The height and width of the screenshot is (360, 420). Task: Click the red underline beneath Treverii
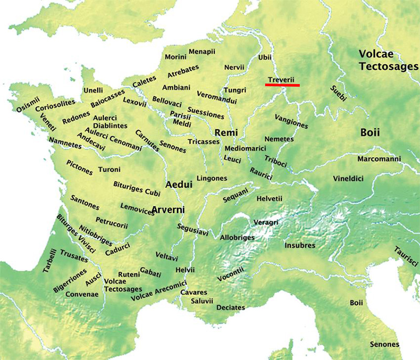(x=282, y=85)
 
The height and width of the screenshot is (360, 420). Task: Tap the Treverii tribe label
(x=281, y=79)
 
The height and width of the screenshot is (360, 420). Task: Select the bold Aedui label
(x=179, y=185)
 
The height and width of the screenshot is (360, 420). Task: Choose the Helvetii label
(x=269, y=198)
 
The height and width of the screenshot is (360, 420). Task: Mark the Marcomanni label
(x=379, y=159)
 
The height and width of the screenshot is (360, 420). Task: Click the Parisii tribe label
(x=180, y=115)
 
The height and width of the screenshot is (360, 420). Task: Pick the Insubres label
(x=300, y=245)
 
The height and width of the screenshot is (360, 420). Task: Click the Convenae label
(x=81, y=294)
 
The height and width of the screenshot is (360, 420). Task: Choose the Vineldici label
(x=348, y=179)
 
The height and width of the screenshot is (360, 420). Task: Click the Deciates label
(x=230, y=307)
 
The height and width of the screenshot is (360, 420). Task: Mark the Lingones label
(x=212, y=179)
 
